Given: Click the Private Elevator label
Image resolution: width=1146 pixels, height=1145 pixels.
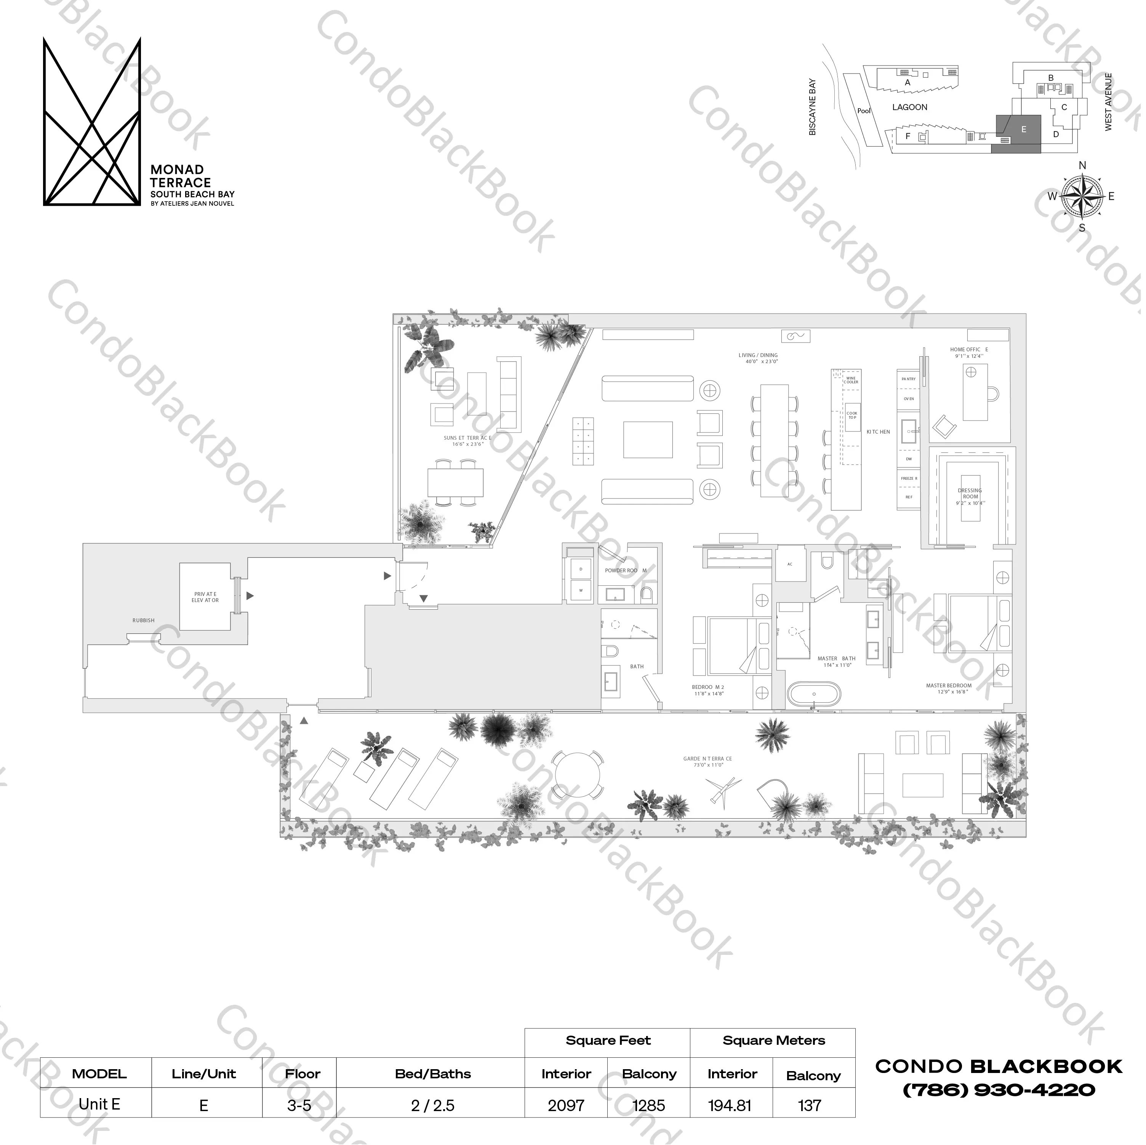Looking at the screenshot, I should pos(205,597).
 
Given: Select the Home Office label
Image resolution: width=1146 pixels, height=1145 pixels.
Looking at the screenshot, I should pos(968,349).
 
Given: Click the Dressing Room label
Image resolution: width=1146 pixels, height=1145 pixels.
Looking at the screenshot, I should pos(970,493).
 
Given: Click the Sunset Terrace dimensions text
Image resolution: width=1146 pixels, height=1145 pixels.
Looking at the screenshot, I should pos(467,444).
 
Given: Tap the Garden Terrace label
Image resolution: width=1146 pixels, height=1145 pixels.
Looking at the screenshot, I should pos(707,759).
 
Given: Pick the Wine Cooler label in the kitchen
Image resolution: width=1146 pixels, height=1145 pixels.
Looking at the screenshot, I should pos(851,380).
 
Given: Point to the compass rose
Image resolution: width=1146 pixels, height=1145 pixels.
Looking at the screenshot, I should pos(1082,196).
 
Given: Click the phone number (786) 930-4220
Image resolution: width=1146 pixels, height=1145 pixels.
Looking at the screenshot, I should pos(998,1090).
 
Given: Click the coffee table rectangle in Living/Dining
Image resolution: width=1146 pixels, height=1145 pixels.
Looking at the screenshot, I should pos(648,440).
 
